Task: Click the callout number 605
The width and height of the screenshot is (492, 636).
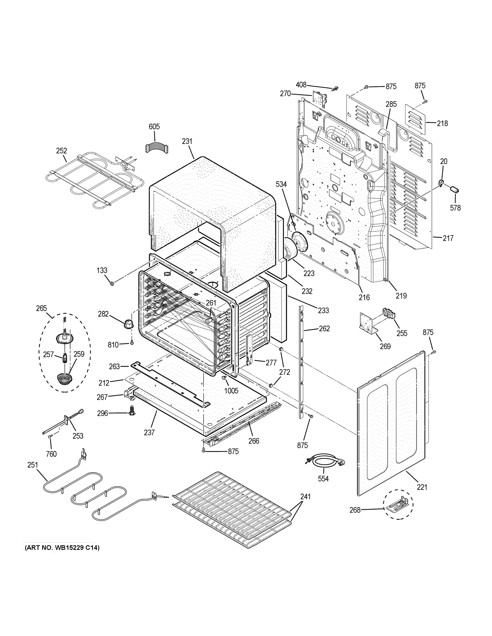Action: tap(154, 127)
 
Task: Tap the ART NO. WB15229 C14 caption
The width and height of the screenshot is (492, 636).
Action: tap(62, 548)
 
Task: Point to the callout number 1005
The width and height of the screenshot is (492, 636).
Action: tap(231, 391)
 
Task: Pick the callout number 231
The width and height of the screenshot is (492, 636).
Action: tap(187, 141)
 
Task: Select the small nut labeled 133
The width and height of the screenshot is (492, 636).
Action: tap(111, 283)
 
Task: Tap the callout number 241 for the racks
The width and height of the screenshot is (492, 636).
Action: tap(306, 497)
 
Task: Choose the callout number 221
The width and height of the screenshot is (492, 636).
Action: tap(422, 487)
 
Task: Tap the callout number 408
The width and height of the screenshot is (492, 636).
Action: tap(301, 85)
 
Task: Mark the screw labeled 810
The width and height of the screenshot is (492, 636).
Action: tap(132, 344)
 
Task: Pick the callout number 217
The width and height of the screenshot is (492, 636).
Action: tap(448, 238)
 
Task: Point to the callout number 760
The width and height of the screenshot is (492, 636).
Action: tap(51, 454)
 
